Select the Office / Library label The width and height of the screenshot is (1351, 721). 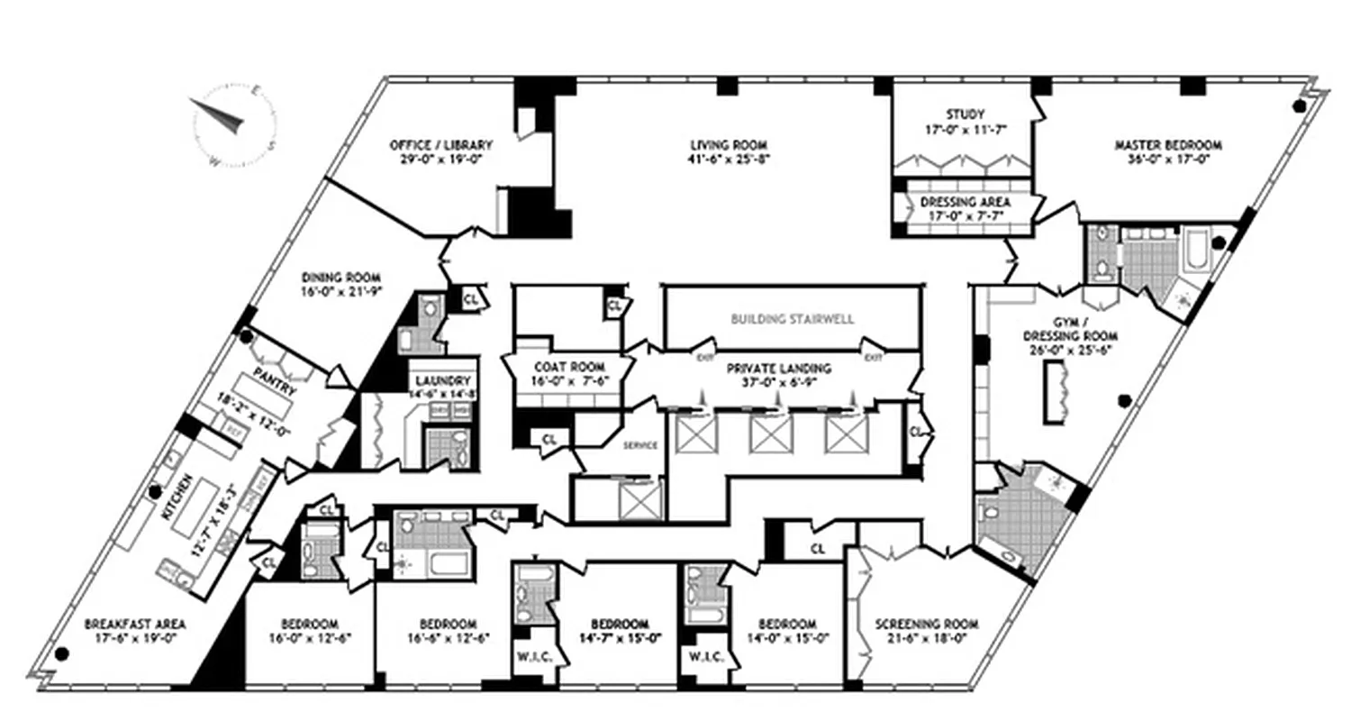(x=441, y=144)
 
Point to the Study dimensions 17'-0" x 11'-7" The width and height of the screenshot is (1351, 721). (x=963, y=129)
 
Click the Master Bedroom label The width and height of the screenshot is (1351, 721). (x=1168, y=144)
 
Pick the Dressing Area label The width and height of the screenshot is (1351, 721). (x=965, y=203)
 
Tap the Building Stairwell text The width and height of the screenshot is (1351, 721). (x=793, y=319)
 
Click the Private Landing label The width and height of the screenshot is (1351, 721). (x=779, y=368)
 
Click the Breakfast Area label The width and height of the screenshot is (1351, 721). (x=135, y=624)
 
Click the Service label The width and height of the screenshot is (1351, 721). (x=640, y=445)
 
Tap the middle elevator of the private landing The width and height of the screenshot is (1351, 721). (x=770, y=437)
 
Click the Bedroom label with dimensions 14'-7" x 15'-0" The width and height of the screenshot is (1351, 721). (x=620, y=624)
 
